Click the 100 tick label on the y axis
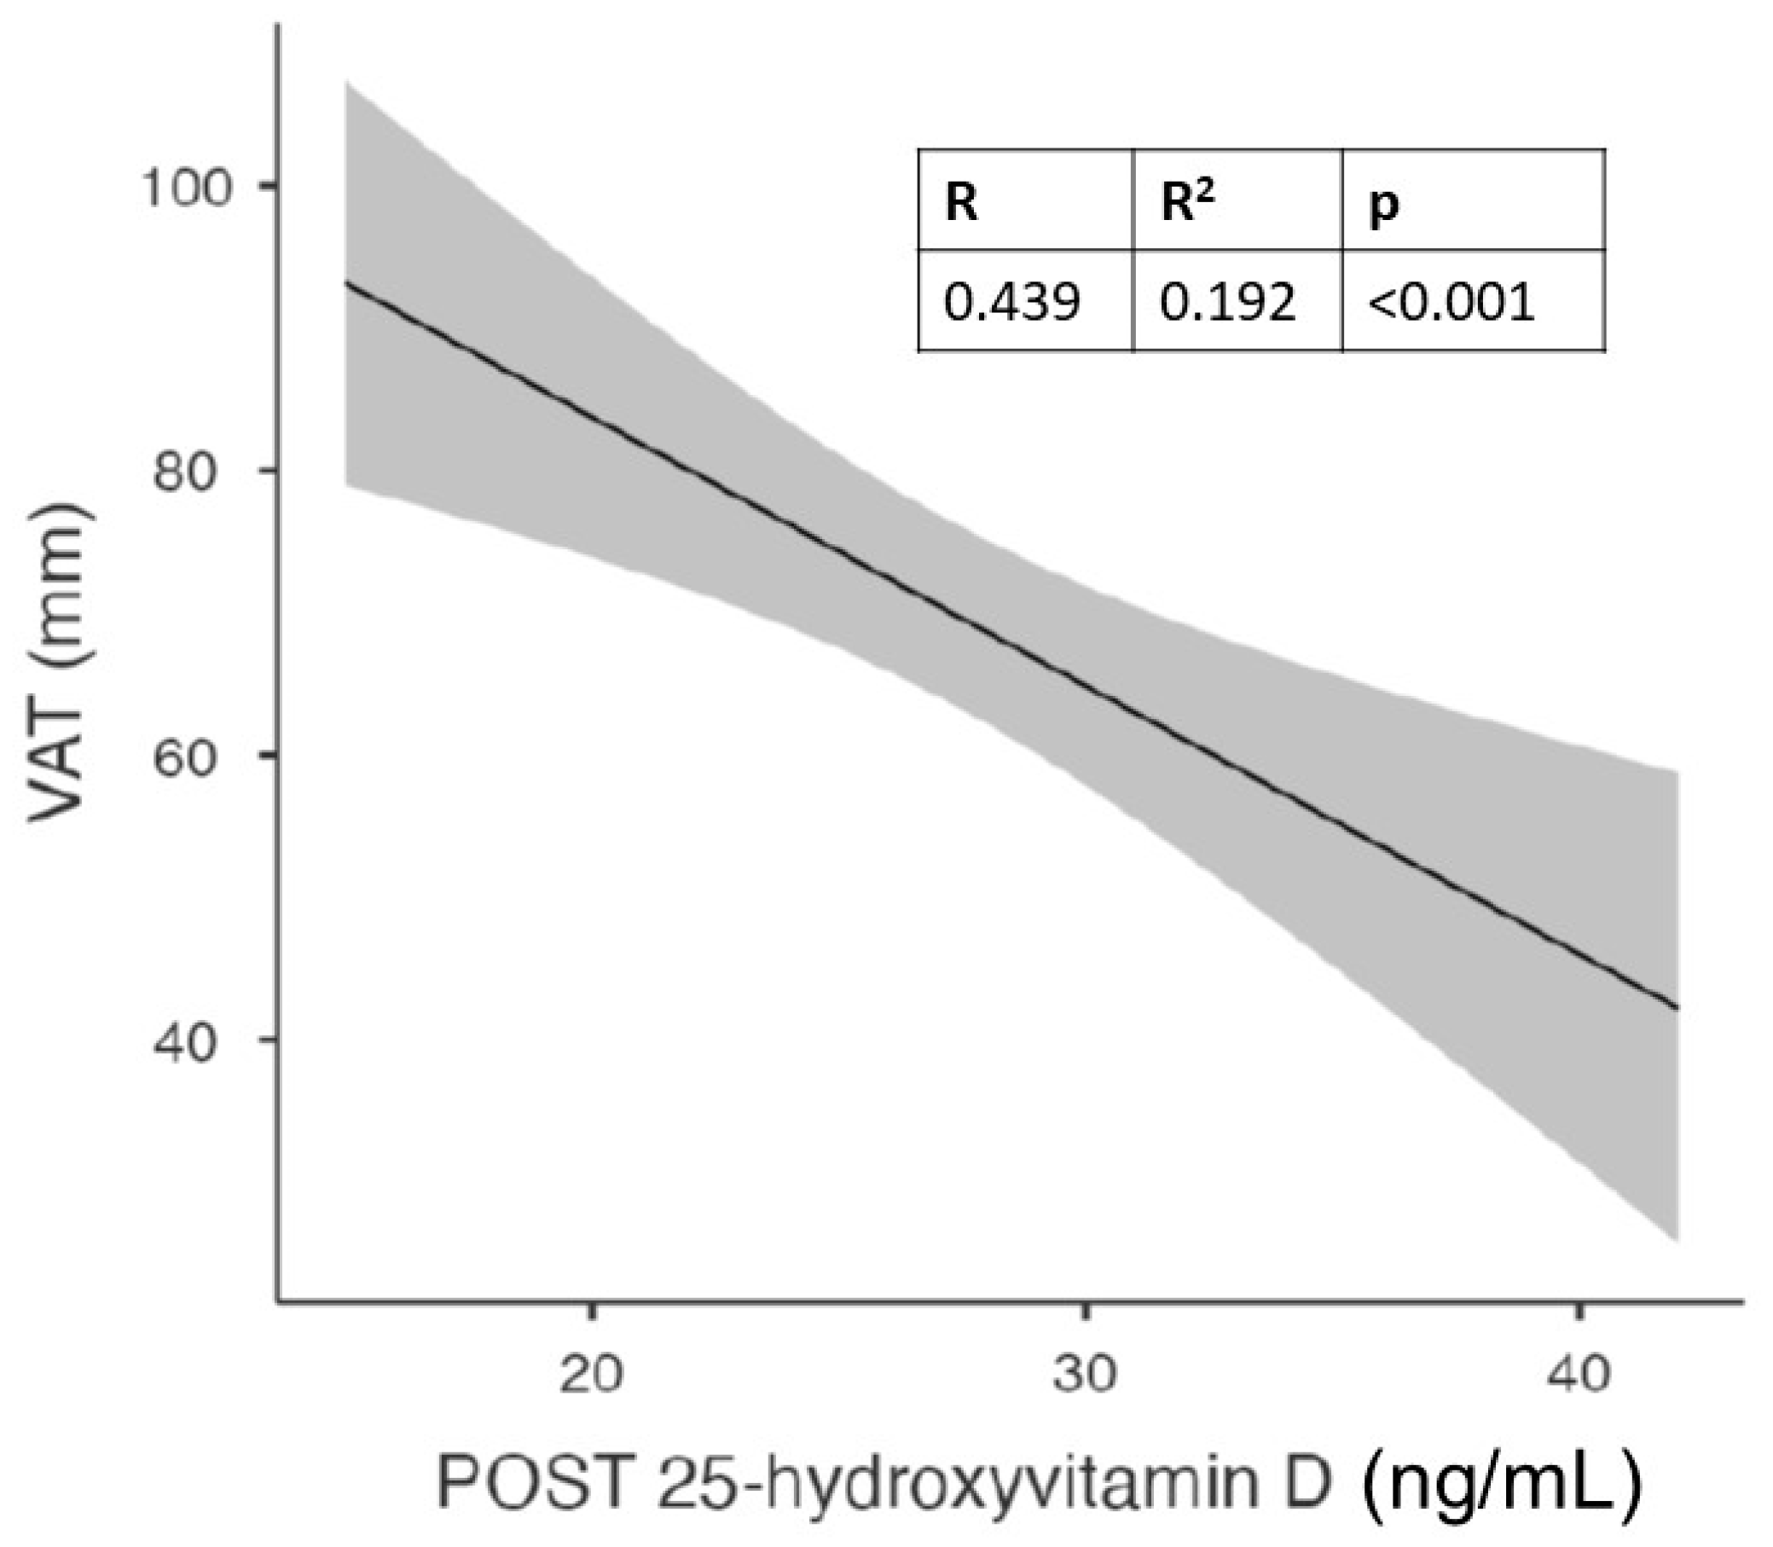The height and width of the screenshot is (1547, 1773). pos(188,188)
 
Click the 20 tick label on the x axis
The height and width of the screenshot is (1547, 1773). pos(591,1373)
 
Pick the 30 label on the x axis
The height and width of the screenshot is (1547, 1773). pos(1085,1373)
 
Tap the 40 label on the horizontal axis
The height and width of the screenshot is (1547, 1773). pos(1579,1373)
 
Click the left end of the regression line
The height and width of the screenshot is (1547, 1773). pos(347,283)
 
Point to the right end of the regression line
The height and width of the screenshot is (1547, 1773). pos(1677,1007)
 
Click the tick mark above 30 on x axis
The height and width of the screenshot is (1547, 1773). pos(1085,1312)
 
